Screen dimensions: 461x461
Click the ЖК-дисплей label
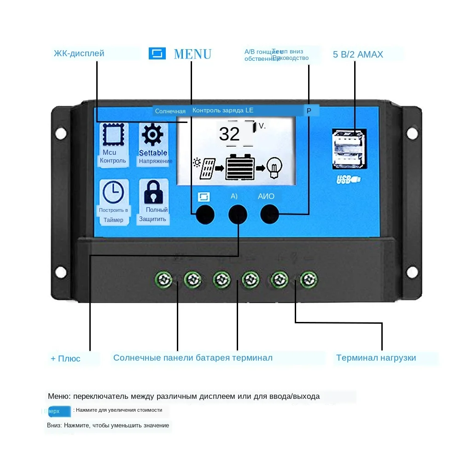pos(79,53)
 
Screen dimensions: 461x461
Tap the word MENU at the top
pos(193,54)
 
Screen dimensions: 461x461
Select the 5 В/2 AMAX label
pos(358,54)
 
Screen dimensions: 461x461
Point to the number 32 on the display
pos(229,134)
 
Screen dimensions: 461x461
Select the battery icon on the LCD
pos(240,167)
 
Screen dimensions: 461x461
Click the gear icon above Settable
pos(152,135)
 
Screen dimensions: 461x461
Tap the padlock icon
pos(153,193)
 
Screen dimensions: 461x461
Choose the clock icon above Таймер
pos(113,192)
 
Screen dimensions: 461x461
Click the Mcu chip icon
pos(111,134)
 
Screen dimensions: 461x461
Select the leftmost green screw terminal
pos(164,279)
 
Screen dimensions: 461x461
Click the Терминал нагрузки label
pos(376,358)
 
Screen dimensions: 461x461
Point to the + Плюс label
pos(65,358)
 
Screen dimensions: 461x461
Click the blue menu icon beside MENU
pos(157,53)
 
